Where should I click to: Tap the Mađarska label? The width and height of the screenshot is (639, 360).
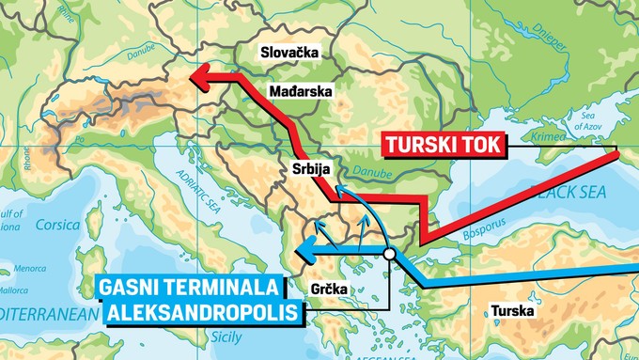pos(300,92)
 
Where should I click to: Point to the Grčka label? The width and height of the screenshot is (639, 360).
pos(328,290)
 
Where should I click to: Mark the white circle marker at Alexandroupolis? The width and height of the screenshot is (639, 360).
pos(389,253)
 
